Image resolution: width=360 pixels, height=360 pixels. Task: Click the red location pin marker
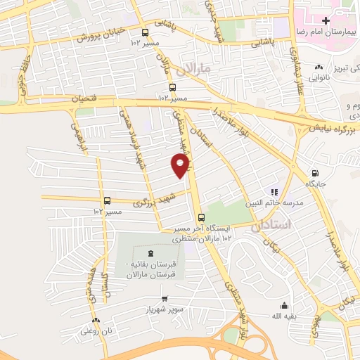point(181,166)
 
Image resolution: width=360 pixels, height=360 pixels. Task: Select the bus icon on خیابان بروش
point(146,32)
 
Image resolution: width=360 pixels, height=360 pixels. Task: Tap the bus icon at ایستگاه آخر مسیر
point(202,217)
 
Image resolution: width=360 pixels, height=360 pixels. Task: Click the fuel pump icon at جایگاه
point(314,174)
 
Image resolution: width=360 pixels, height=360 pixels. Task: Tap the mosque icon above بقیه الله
point(283,305)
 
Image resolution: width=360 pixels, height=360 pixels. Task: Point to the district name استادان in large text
point(309,224)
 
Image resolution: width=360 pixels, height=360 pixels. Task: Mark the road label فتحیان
point(85,100)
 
